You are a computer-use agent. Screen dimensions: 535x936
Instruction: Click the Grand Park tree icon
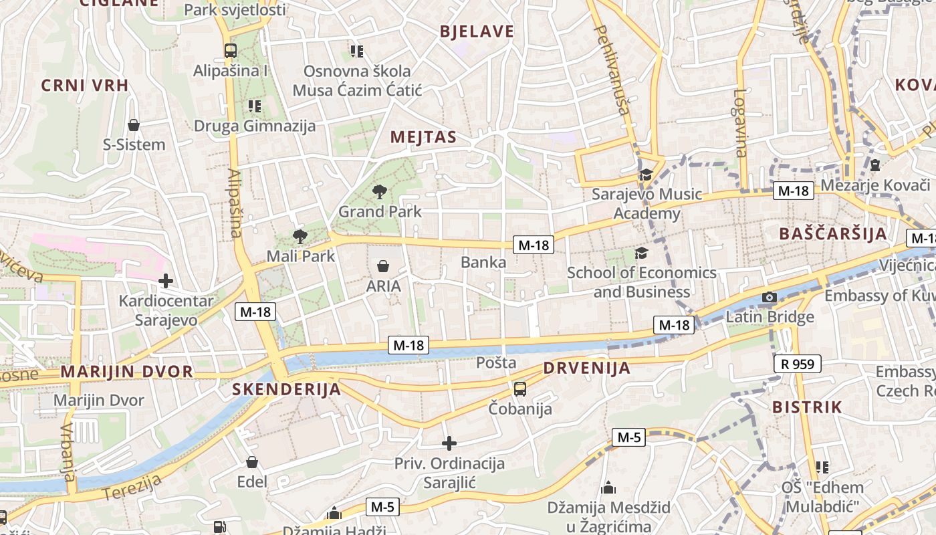coord(380,192)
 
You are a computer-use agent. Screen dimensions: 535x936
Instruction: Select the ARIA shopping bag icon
coord(383,266)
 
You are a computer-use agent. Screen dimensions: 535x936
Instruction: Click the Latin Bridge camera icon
coord(770,297)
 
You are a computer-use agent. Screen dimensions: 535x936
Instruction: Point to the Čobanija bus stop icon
coord(519,389)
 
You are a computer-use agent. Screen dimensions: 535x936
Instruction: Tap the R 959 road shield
coord(797,364)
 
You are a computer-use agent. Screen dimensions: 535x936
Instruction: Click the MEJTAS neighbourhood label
coord(423,138)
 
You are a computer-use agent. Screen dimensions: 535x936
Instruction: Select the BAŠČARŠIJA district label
coord(833,234)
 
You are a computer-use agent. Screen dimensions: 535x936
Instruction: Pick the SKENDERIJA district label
coord(286,389)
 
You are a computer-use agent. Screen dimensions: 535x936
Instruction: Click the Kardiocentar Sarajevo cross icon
coord(166,282)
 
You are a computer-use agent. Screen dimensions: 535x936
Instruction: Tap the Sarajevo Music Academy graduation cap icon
coord(646,175)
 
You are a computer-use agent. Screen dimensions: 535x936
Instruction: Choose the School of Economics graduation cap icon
coord(641,253)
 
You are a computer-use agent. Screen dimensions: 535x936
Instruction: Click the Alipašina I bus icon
coord(231,50)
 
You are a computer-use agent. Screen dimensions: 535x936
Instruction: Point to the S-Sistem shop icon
coord(134,125)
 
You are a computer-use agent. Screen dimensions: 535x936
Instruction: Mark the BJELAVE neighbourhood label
coord(477,31)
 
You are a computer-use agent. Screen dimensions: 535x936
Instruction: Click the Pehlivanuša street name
coord(612,70)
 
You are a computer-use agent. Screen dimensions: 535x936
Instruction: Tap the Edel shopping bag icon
coord(252,462)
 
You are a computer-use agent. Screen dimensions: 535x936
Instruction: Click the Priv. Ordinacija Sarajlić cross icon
coord(449,443)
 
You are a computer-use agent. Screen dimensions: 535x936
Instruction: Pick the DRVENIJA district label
coord(586,368)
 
